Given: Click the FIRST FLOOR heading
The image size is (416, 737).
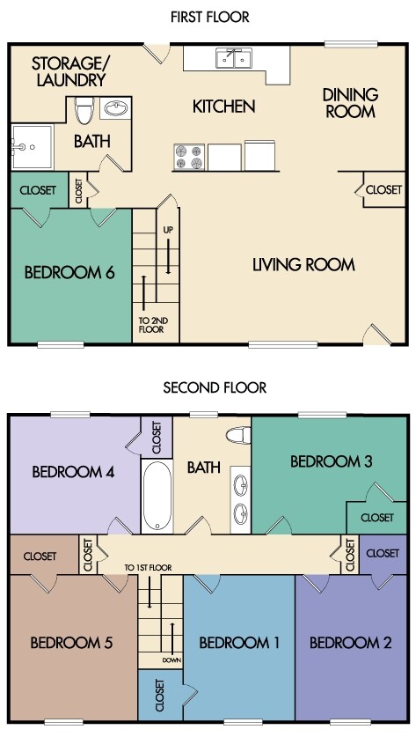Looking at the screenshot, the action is click(x=210, y=18).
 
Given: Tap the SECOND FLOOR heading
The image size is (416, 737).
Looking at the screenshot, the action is click(x=215, y=387).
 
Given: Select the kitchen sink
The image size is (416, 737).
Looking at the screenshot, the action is click(x=234, y=58).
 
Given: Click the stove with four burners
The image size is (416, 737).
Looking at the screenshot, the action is click(x=189, y=157).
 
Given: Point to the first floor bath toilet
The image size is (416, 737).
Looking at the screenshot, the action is click(x=84, y=110).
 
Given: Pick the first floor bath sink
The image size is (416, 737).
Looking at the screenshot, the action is click(x=115, y=108).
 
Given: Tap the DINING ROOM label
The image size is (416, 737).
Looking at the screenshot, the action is click(x=350, y=102).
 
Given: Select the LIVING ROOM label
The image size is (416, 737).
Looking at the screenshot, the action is click(x=303, y=265).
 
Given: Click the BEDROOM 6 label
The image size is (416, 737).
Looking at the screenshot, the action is click(x=69, y=273).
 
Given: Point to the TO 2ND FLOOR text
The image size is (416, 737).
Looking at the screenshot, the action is click(x=151, y=325).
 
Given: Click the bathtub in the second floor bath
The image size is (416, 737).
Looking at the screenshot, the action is click(x=157, y=497).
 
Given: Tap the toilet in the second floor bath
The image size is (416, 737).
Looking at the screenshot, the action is click(x=238, y=435).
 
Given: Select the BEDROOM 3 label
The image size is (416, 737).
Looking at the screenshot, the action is click(x=331, y=461).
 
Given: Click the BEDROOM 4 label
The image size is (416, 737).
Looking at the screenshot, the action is click(x=73, y=471).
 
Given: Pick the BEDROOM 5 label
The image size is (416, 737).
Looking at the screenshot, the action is click(x=71, y=643).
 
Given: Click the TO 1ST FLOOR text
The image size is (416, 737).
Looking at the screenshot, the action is click(x=148, y=568).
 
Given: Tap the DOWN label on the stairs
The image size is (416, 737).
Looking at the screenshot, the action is click(x=172, y=660).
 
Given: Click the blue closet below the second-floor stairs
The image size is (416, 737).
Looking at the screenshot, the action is click(x=161, y=696).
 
